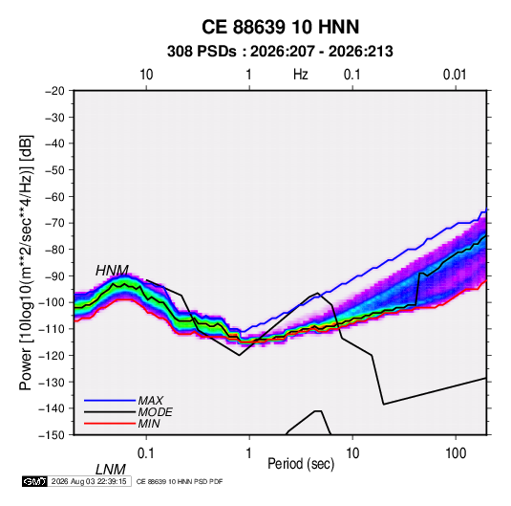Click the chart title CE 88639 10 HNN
point(280,27)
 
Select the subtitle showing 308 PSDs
point(280,52)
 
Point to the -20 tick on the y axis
point(54,91)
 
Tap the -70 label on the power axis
point(54,223)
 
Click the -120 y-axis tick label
point(52,356)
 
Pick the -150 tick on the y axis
point(52,435)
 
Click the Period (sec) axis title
point(301,464)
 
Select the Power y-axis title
point(26,262)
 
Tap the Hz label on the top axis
point(301,75)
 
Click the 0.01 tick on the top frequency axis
point(455,75)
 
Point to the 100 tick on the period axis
point(456,453)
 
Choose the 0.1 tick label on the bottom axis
point(145,453)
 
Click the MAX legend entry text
point(150,400)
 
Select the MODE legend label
point(155,412)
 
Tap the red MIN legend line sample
point(110,424)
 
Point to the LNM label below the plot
point(110,470)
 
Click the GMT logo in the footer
point(34,481)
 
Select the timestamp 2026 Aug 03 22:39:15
point(89,481)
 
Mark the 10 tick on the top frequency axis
point(146,75)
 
